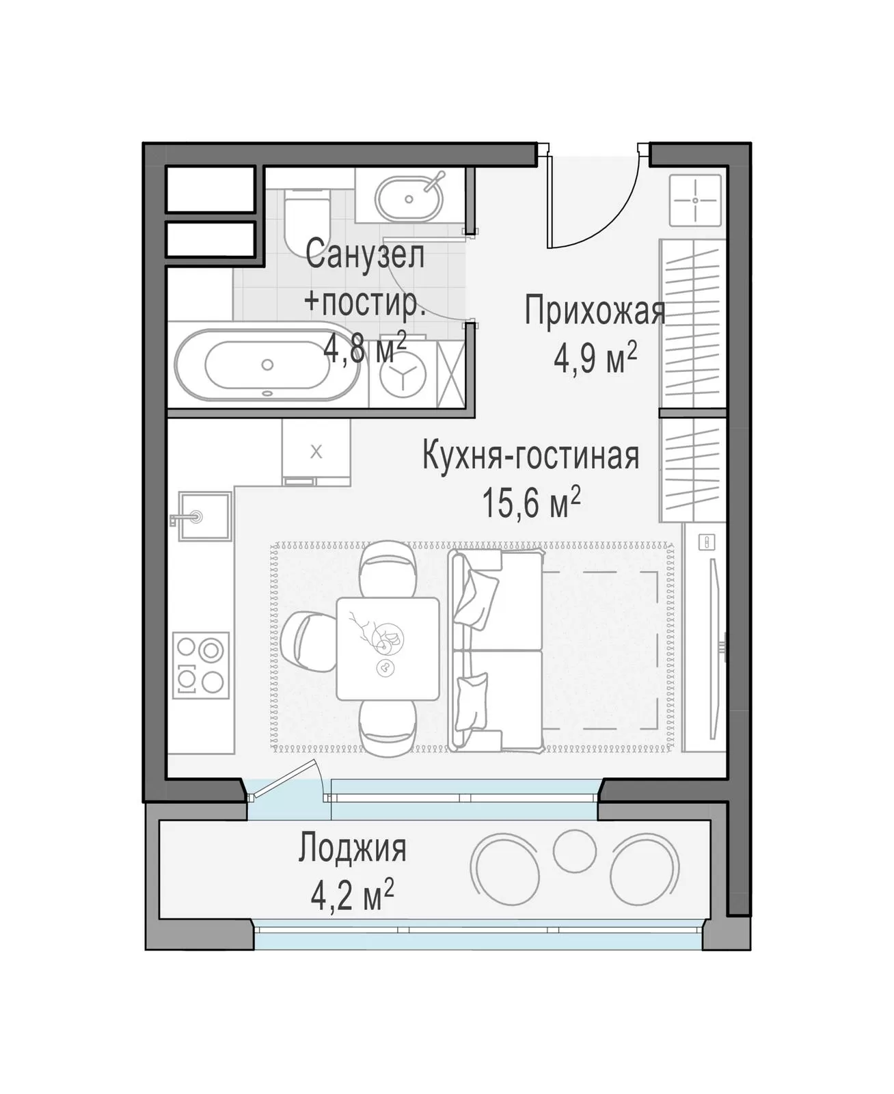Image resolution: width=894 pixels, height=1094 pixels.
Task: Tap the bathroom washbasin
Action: pyautogui.click(x=409, y=199)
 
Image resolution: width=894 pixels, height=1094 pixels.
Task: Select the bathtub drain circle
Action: pyautogui.click(x=267, y=364)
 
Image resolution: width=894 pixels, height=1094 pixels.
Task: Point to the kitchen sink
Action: pyautogui.click(x=204, y=516)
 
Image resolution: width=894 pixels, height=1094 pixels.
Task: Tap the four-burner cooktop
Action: pyautogui.click(x=201, y=665)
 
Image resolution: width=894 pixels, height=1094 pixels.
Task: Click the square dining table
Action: pyautogui.click(x=388, y=648)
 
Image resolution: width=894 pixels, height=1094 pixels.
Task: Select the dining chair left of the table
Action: pyautogui.click(x=310, y=648)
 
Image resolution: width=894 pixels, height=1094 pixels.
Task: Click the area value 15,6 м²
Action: pyautogui.click(x=531, y=502)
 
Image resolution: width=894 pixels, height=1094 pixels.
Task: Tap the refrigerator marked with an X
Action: pyautogui.click(x=316, y=451)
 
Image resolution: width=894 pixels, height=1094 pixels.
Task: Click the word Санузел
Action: pyautogui.click(x=365, y=254)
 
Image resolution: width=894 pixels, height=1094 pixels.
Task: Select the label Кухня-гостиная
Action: pyautogui.click(x=531, y=455)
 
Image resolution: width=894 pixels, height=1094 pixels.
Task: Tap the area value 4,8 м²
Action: pyautogui.click(x=364, y=347)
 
